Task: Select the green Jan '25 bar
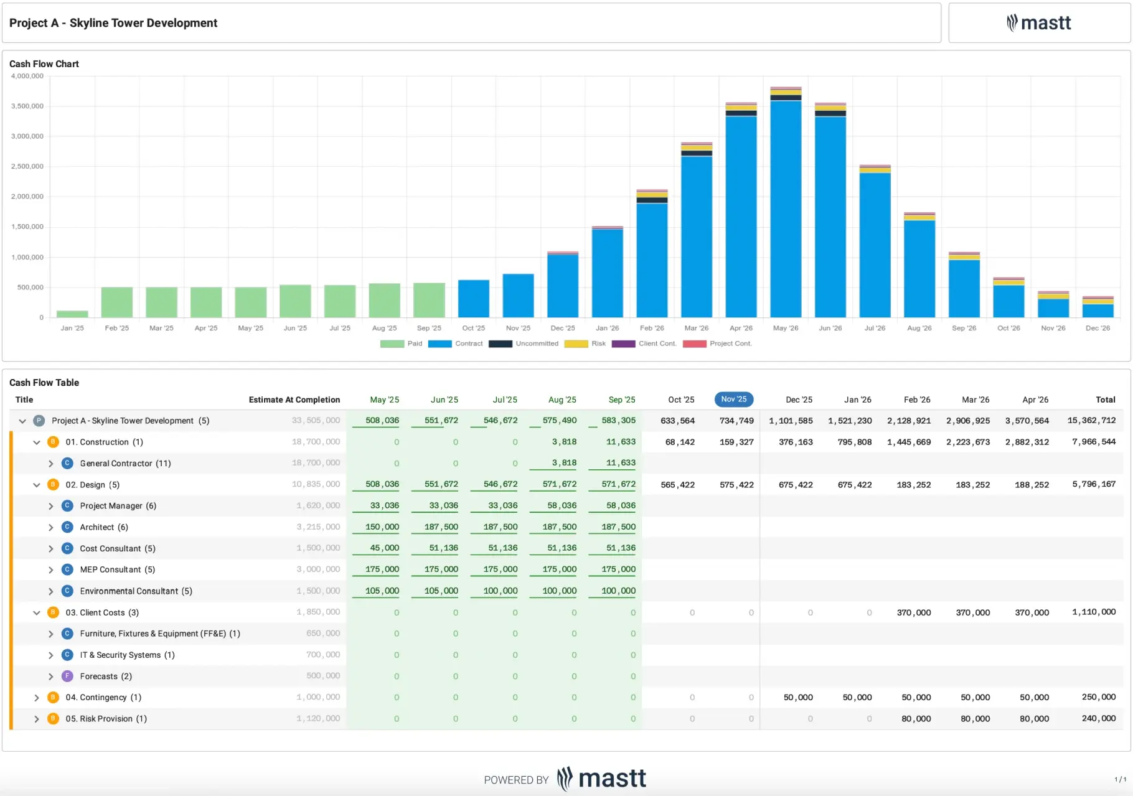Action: click(x=72, y=314)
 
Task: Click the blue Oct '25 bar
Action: click(x=473, y=299)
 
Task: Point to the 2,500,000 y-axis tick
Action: click(x=27, y=166)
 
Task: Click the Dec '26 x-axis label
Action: click(x=1097, y=328)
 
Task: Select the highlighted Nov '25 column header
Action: click(x=733, y=400)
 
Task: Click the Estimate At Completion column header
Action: click(x=294, y=400)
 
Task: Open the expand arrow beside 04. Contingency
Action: click(x=37, y=698)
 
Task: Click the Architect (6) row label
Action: click(x=103, y=527)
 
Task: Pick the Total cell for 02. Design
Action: click(x=1093, y=484)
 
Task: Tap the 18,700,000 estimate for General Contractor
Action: click(x=316, y=463)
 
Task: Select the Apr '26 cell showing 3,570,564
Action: click(x=1027, y=421)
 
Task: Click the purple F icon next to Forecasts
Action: click(x=67, y=676)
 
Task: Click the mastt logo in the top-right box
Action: click(x=1038, y=23)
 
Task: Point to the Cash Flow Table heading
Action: click(x=44, y=383)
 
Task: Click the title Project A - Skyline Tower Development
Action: click(x=113, y=23)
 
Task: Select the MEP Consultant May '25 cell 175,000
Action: click(x=382, y=569)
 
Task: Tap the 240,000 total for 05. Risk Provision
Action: click(x=1098, y=718)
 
